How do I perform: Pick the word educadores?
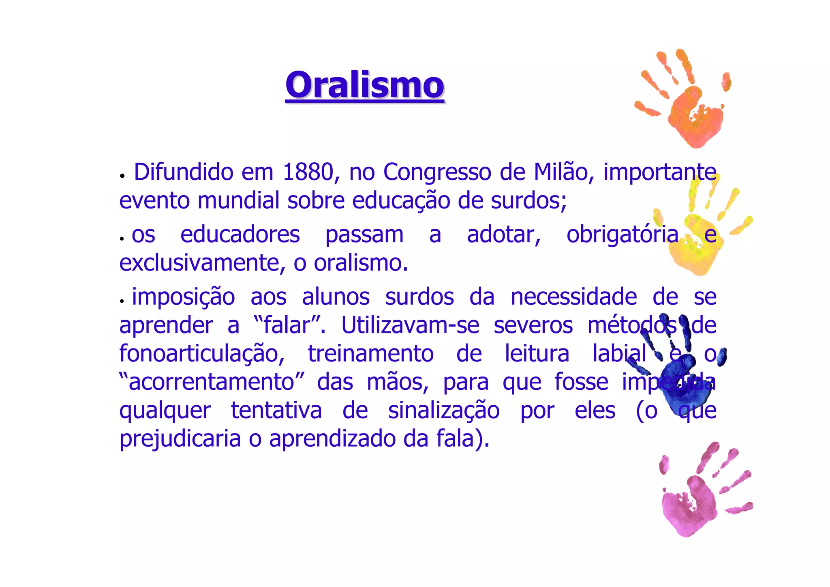click(x=240, y=235)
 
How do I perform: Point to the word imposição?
click(x=183, y=297)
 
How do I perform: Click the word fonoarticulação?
click(x=202, y=354)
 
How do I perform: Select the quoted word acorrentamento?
click(x=211, y=382)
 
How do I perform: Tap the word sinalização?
click(x=444, y=411)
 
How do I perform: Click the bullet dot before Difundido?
click(x=122, y=176)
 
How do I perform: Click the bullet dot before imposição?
click(x=122, y=301)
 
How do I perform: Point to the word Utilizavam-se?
click(x=410, y=325)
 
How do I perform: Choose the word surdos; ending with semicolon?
click(x=528, y=201)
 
